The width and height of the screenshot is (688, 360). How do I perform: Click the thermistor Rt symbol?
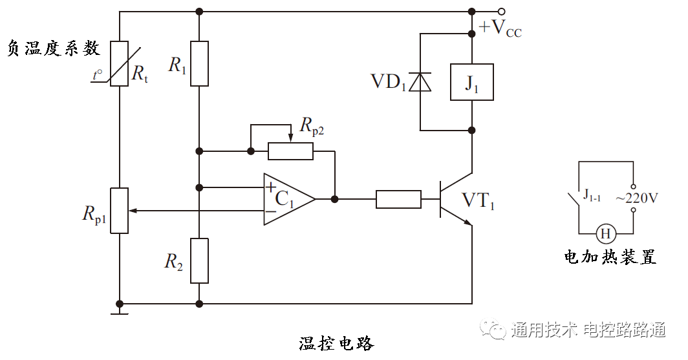coord(120,63)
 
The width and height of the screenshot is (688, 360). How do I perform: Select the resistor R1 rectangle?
coord(199,63)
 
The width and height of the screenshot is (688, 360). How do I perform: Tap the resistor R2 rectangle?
coord(199,260)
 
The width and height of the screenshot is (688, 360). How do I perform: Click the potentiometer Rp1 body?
coord(120,211)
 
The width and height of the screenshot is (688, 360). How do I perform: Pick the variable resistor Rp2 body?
coord(290,151)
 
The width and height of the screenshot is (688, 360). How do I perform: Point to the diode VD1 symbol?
coord(420,82)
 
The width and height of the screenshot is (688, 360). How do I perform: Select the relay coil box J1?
coord(471,82)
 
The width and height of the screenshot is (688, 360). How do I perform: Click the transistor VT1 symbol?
coord(453,199)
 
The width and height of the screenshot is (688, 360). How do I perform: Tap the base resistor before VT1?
coord(398,199)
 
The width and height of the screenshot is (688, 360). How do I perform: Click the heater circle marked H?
coord(605,233)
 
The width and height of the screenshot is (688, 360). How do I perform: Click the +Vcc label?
coord(499,29)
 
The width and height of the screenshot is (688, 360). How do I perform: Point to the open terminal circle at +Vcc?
coord(501,11)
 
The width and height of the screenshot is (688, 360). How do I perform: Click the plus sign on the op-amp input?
coord(270,187)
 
